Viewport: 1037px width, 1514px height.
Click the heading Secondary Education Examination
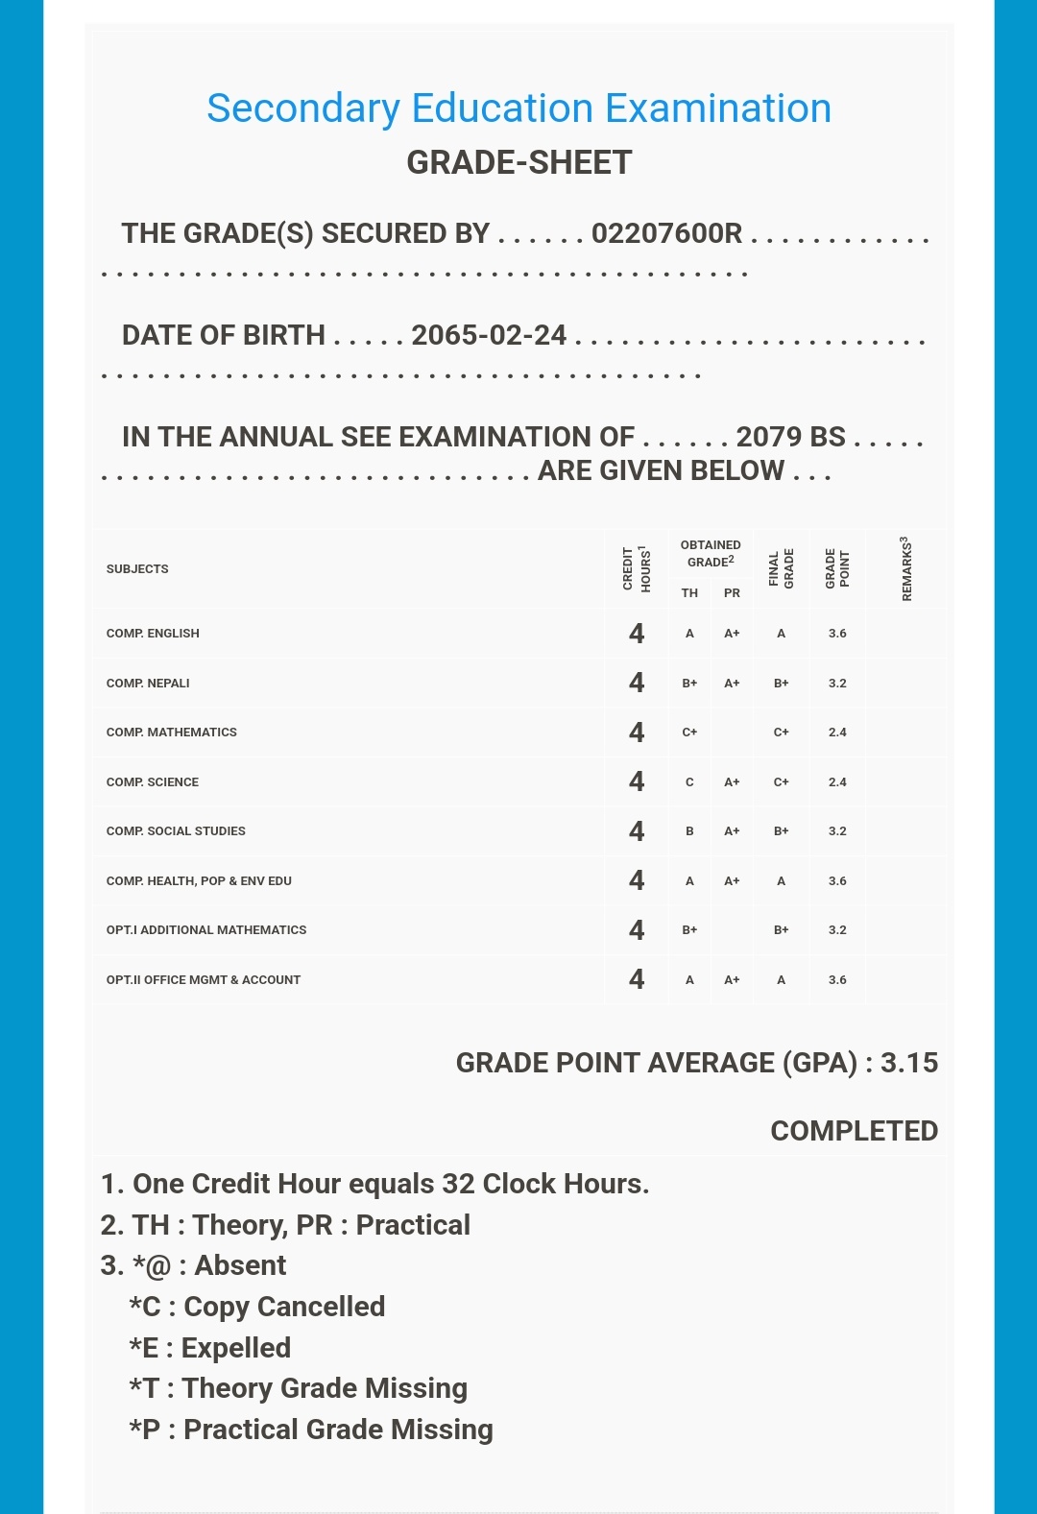[518, 108]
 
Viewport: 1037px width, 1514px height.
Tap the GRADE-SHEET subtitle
[518, 162]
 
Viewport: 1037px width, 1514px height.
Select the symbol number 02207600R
[666, 233]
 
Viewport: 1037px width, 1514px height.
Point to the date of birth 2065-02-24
[489, 335]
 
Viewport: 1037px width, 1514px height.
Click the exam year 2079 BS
[790, 437]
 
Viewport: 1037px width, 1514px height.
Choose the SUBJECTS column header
[137, 569]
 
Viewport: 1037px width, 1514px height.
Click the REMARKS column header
[905, 569]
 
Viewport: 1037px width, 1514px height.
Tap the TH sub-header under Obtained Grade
[689, 593]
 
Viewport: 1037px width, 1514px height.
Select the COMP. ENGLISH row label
[153, 634]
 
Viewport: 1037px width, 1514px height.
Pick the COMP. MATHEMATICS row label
[171, 733]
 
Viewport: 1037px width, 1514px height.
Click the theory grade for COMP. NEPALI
[689, 684]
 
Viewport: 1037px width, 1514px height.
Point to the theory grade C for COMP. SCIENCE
[689, 782]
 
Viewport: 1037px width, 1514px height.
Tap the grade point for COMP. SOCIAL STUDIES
[837, 831]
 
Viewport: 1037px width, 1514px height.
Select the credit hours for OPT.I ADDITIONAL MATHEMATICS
[637, 930]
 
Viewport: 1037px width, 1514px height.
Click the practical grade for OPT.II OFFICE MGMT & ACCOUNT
[732, 980]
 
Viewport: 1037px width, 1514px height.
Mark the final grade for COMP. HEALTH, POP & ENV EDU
[781, 881]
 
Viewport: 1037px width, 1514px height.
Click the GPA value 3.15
[908, 1063]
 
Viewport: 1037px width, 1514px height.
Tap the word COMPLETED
[854, 1131]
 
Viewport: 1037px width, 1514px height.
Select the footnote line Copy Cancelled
[257, 1307]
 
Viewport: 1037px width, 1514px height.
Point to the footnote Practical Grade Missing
[311, 1430]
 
